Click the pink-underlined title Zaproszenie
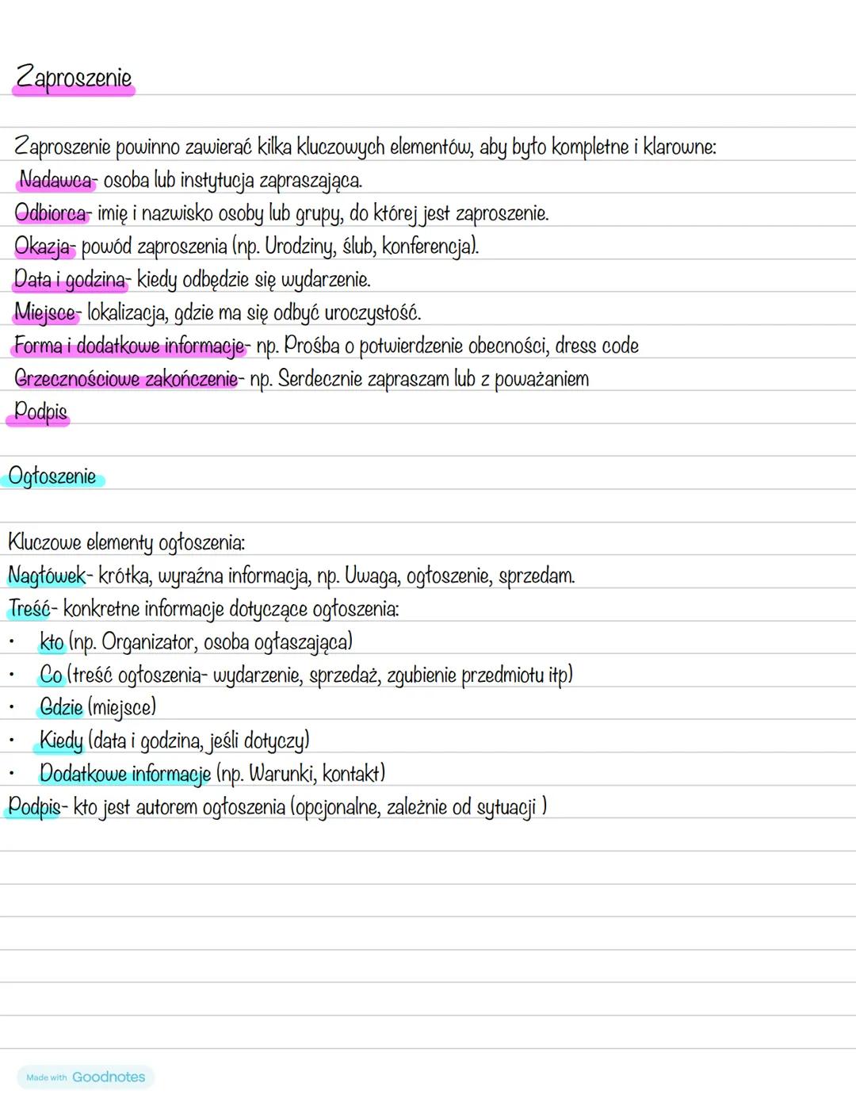click(x=74, y=78)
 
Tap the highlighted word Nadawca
click(x=55, y=180)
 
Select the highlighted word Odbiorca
click(x=51, y=213)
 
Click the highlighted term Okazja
click(x=43, y=247)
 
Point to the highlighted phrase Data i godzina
click(x=70, y=279)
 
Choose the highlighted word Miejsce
click(x=46, y=312)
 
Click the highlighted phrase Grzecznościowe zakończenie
click(x=125, y=379)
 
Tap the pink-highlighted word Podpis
click(x=40, y=411)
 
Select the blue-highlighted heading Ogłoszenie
click(x=52, y=476)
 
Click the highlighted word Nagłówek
click(x=46, y=576)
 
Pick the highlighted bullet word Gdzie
click(x=61, y=707)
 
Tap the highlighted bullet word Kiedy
click(x=61, y=741)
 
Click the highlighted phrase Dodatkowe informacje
click(x=124, y=773)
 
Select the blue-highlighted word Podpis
click(x=33, y=806)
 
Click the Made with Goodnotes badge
click(x=86, y=1077)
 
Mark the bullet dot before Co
click(x=12, y=675)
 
